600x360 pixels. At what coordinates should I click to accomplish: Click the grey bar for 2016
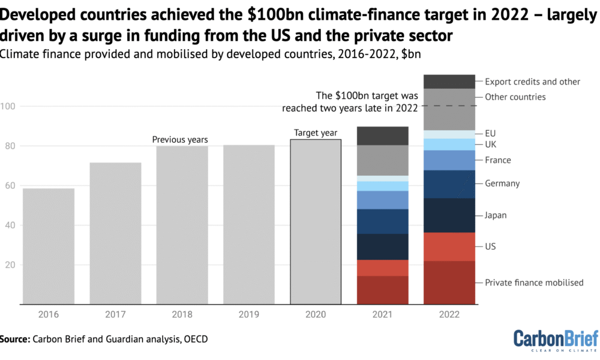pyautogui.click(x=49, y=246)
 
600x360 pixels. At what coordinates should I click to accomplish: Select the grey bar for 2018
pyautogui.click(x=182, y=225)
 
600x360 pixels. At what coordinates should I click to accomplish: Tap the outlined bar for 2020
pyautogui.click(x=316, y=222)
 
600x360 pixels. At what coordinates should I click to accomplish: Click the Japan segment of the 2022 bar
pyautogui.click(x=449, y=215)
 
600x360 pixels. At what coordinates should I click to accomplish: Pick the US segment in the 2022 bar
pyautogui.click(x=449, y=247)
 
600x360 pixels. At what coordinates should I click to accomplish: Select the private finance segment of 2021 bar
pyautogui.click(x=382, y=290)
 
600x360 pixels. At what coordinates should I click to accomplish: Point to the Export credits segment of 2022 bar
pyautogui.click(x=449, y=82)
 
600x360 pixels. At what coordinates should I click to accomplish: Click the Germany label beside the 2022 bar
pyautogui.click(x=502, y=184)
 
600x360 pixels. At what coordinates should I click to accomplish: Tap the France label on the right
pyautogui.click(x=498, y=160)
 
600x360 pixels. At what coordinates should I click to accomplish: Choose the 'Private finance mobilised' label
pyautogui.click(x=534, y=282)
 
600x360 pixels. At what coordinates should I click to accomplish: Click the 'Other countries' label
pyautogui.click(x=515, y=97)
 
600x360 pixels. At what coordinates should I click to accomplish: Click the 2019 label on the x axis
pyautogui.click(x=249, y=314)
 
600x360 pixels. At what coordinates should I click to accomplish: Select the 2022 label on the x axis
pyautogui.click(x=449, y=314)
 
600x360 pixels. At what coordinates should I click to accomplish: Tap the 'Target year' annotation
pyautogui.click(x=316, y=133)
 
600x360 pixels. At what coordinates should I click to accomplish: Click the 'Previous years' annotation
pyautogui.click(x=180, y=140)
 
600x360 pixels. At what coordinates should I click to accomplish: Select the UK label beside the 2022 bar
pyautogui.click(x=491, y=144)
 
